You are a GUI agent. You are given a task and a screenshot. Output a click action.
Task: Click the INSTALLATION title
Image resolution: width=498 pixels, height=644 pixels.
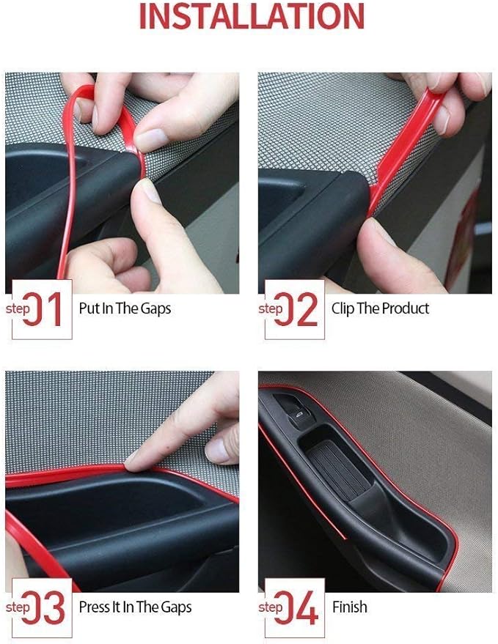point(251,17)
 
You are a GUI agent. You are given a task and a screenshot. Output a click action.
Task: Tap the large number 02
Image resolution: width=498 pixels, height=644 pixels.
point(301,309)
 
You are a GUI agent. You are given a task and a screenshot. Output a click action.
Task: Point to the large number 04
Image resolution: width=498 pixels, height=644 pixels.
point(301,607)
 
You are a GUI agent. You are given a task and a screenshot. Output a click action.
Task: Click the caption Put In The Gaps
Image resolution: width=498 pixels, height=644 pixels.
point(125,308)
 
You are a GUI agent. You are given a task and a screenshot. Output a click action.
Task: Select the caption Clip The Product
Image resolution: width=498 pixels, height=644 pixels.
point(380,308)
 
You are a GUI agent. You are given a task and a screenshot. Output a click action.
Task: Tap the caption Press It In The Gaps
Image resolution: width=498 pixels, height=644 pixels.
point(135,607)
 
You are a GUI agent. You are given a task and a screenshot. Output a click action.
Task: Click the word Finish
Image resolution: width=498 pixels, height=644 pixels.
point(350,607)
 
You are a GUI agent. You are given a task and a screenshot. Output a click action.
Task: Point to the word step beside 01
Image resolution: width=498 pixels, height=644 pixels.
point(18,308)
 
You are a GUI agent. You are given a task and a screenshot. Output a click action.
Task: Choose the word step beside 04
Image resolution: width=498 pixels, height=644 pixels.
point(271,607)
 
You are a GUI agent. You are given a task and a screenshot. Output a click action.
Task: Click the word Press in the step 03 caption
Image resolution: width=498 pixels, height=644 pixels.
point(95,607)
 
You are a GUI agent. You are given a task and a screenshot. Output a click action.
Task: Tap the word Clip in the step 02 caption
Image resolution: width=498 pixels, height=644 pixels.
point(343,308)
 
